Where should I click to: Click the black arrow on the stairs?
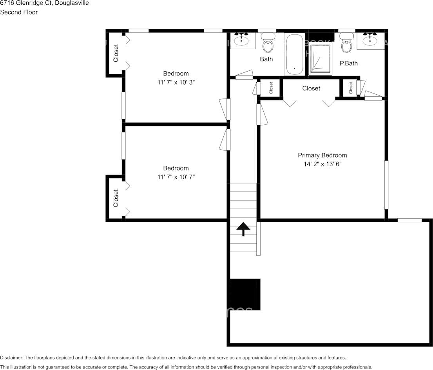[243, 229]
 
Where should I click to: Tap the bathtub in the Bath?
[294, 55]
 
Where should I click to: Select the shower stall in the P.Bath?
[320, 59]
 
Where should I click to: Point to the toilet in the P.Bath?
[347, 43]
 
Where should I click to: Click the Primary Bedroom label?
[322, 155]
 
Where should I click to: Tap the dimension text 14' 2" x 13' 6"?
[322, 165]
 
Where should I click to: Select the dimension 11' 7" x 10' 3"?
[176, 82]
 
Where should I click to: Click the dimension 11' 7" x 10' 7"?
[176, 177]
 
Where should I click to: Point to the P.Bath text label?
[348, 63]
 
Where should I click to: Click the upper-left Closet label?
[116, 53]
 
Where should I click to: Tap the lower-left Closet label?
[116, 198]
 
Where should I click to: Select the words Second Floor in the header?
[19, 12]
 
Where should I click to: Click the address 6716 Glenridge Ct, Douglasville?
[44, 3]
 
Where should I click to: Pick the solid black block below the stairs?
[244, 294]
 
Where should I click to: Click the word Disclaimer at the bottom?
[11, 357]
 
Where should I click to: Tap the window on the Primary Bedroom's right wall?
[386, 185]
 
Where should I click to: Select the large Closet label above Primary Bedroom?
[311, 88]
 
